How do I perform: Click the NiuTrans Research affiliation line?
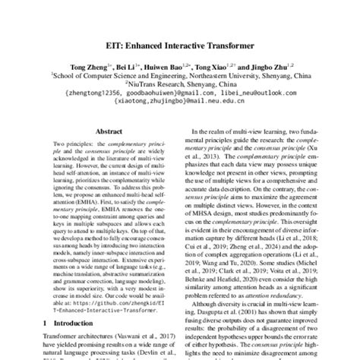click(x=180, y=84)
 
